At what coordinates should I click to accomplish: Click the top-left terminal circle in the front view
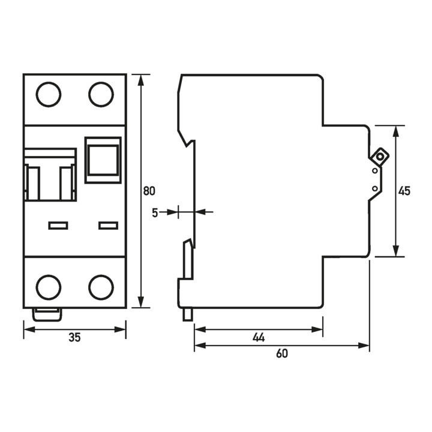click(x=49, y=94)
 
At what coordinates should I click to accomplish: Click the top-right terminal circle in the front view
click(x=101, y=94)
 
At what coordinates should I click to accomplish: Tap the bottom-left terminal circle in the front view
click(x=49, y=287)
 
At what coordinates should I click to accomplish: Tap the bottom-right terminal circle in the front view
click(x=101, y=287)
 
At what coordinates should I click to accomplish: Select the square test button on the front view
click(x=103, y=160)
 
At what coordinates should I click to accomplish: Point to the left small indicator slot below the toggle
click(x=58, y=226)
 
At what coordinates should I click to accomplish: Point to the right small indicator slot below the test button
click(x=108, y=226)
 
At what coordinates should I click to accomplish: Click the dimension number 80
click(x=149, y=191)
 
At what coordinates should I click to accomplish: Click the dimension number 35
click(x=74, y=338)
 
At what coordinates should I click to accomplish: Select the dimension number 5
click(x=155, y=212)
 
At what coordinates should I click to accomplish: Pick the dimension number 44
click(x=259, y=338)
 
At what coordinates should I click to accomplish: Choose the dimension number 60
click(x=282, y=354)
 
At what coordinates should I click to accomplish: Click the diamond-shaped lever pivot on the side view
click(x=380, y=157)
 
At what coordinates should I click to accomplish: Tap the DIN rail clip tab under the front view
click(x=47, y=313)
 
